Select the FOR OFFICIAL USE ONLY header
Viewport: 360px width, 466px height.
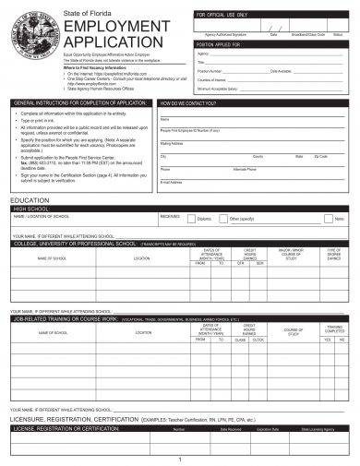click(x=222, y=17)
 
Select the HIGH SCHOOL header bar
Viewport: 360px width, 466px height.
click(x=32, y=209)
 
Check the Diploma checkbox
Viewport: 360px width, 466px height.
click(x=192, y=219)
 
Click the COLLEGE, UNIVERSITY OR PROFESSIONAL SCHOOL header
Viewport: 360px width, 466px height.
click(x=74, y=244)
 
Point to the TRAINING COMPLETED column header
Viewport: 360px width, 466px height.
click(x=333, y=329)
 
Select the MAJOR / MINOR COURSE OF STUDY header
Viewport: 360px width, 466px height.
click(x=292, y=254)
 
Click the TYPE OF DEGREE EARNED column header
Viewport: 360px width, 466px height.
click(x=333, y=254)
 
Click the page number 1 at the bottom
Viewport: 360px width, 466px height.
click(x=179, y=459)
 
